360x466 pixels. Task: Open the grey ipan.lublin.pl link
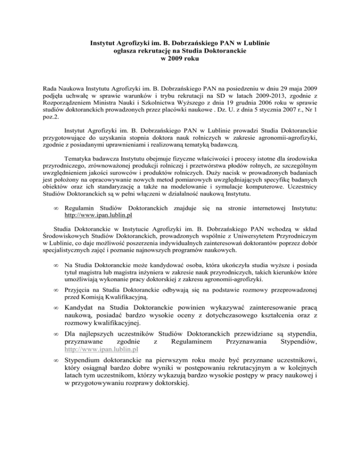pyautogui.click(x=98, y=349)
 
